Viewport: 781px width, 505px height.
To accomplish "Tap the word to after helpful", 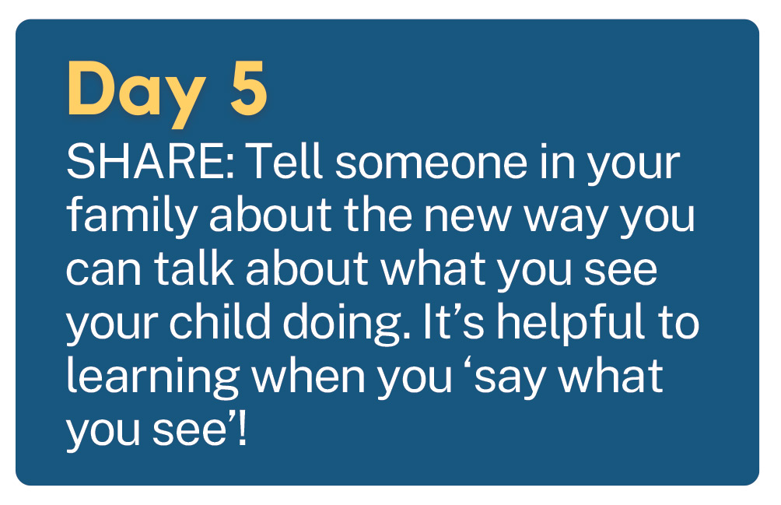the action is [679, 323].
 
